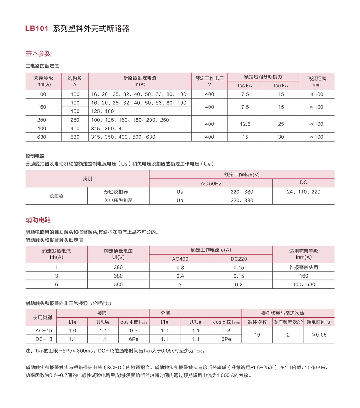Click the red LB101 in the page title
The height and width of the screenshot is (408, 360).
pos(37,29)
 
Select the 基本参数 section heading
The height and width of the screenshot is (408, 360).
pos(38,53)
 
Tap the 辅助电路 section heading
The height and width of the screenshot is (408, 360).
pos(38,220)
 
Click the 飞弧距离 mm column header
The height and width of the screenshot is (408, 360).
pos(316,81)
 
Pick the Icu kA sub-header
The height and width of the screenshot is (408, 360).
pos(281,86)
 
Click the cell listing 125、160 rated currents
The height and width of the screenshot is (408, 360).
pos(102,111)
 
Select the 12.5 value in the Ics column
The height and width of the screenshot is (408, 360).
pos(245,124)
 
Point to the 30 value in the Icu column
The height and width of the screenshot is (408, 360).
pos(281,137)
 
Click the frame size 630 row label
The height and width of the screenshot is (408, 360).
pos(42,137)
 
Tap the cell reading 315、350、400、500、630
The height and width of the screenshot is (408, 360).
pos(123,137)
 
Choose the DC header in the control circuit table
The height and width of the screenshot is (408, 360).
pos(304,183)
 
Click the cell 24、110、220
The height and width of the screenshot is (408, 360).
pos(304,192)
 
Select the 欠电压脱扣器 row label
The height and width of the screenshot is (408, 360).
pos(118,200)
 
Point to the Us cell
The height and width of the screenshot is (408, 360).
pos(180,192)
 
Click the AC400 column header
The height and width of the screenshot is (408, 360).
pos(180,259)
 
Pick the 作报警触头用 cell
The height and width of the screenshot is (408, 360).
pos(304,267)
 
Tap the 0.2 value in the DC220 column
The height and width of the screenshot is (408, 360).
pos(239,284)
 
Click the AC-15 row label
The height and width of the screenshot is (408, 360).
pos(44,330)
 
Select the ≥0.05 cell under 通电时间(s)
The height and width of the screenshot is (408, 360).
pos(319,335)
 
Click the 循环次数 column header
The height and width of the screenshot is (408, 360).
pos(257,322)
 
